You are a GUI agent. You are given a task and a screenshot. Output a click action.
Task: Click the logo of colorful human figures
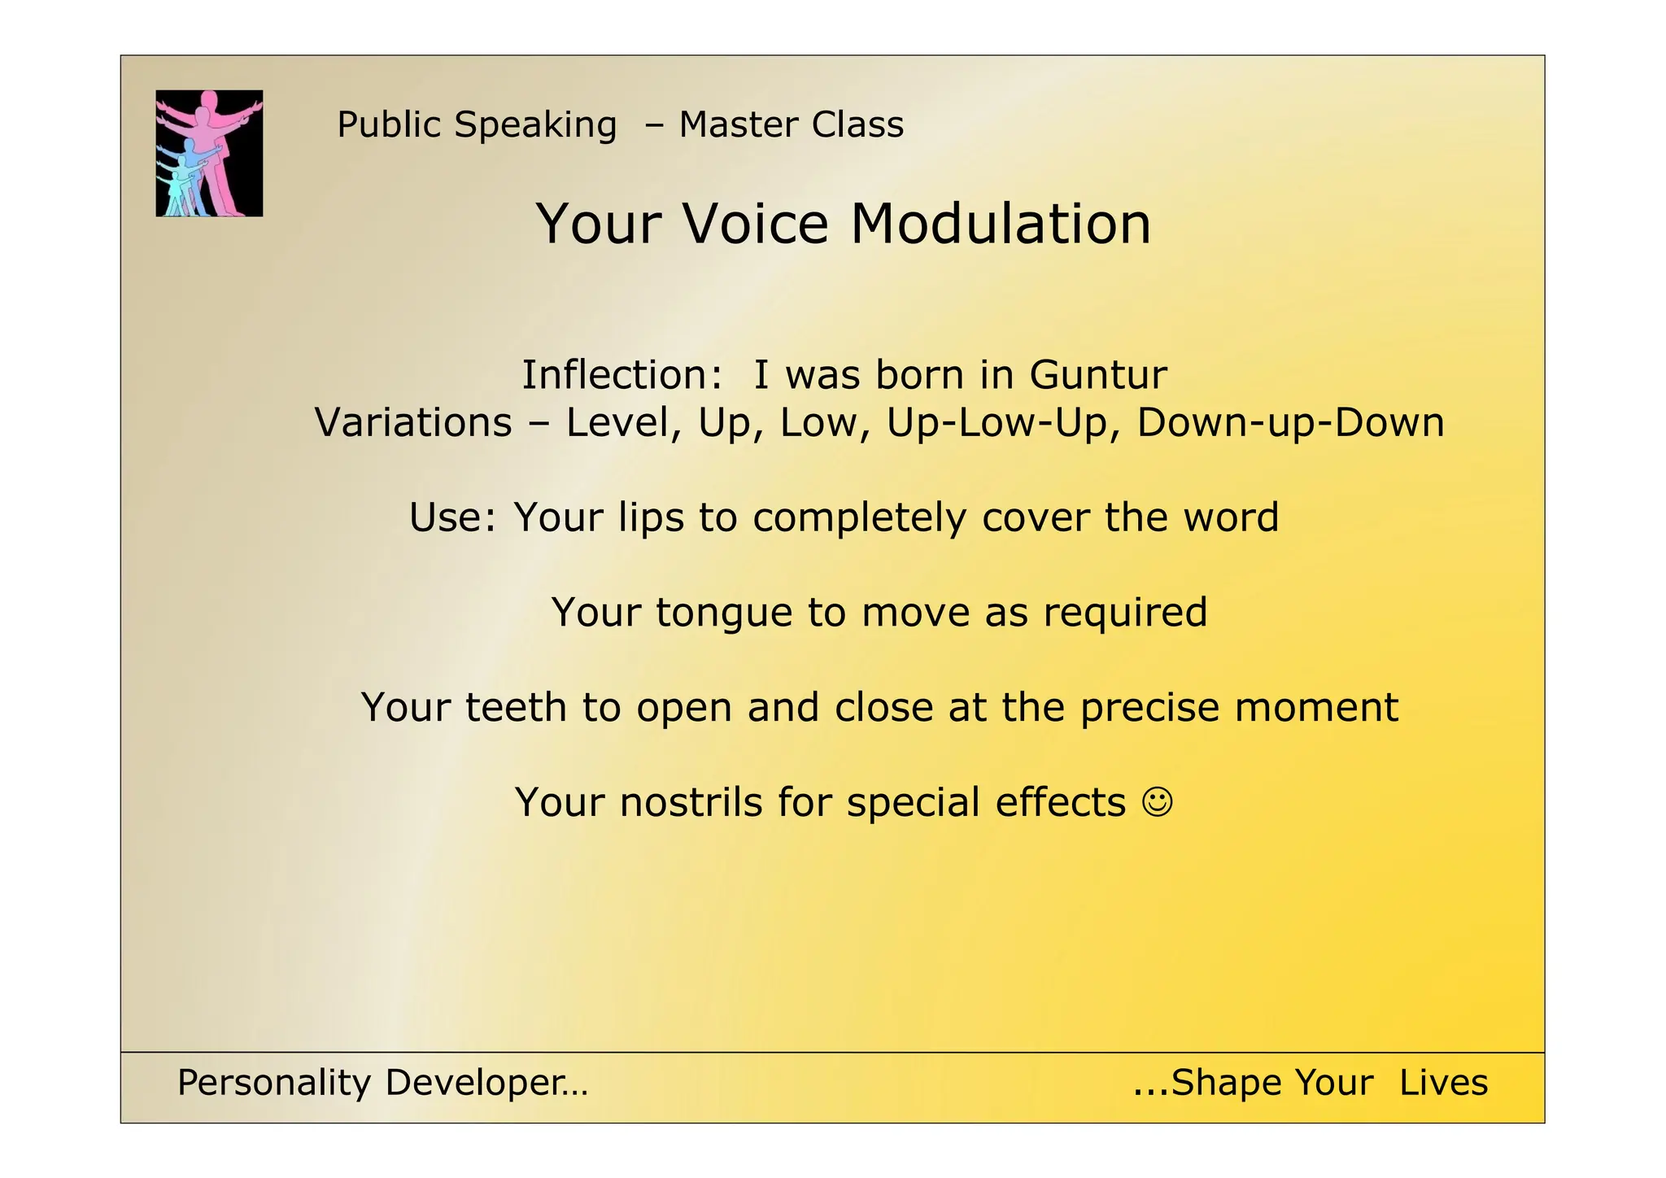click(209, 153)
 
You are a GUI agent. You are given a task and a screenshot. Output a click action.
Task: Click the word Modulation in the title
click(1000, 224)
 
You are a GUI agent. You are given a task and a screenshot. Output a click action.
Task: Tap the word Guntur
click(1097, 375)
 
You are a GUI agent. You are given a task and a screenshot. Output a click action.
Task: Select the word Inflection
click(621, 375)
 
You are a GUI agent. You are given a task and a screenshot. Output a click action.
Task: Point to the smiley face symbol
click(1158, 802)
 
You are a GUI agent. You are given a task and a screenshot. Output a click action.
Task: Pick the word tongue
click(724, 613)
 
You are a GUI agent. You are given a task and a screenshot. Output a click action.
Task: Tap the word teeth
click(516, 707)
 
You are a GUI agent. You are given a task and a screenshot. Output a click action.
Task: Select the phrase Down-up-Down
click(1290, 423)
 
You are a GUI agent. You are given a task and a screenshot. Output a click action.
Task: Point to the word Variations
click(413, 423)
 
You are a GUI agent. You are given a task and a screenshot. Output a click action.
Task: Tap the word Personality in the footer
click(274, 1084)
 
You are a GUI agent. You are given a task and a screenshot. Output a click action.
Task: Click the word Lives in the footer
click(1443, 1084)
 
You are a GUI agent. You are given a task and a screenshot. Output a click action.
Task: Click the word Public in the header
click(389, 125)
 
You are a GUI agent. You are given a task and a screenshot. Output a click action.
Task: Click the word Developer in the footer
click(486, 1084)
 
